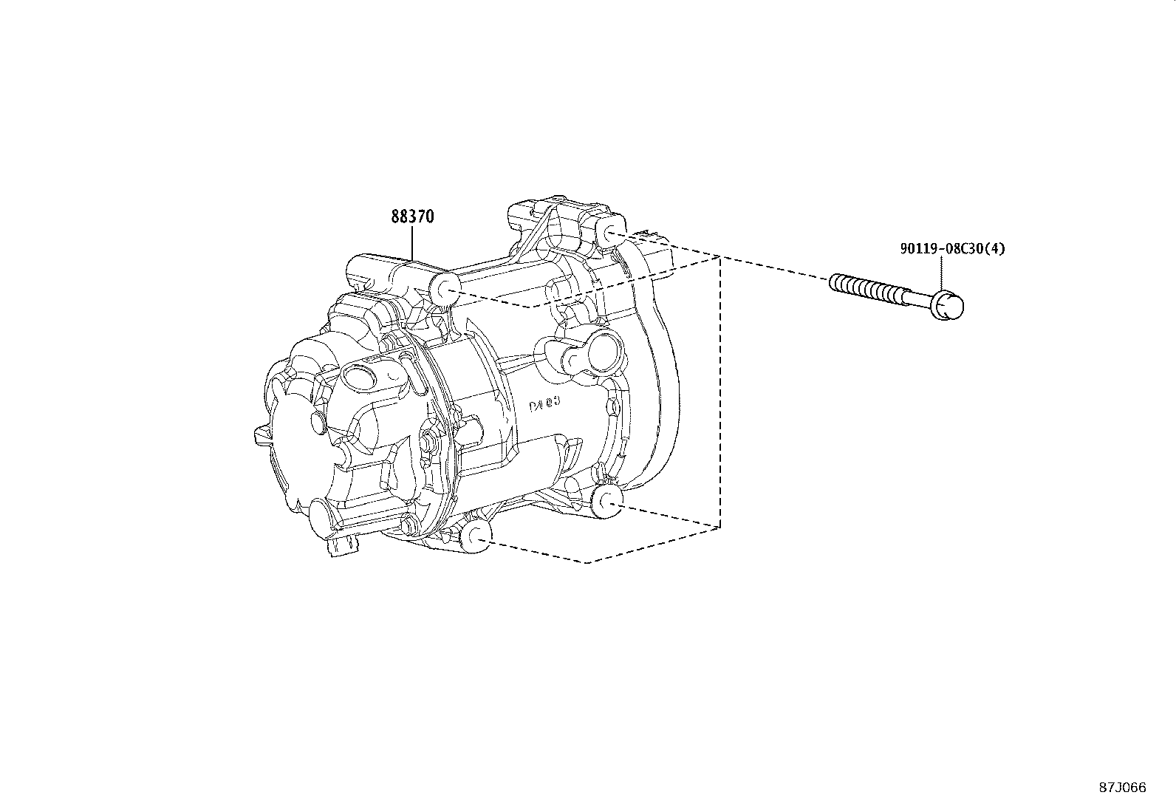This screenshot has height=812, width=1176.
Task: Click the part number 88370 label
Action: click(x=411, y=217)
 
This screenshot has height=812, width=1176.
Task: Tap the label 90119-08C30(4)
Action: click(x=952, y=249)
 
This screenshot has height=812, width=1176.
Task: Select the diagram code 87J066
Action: click(x=1122, y=788)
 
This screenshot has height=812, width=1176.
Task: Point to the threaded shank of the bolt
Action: click(x=872, y=290)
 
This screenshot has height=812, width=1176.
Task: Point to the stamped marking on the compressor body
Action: click(x=545, y=406)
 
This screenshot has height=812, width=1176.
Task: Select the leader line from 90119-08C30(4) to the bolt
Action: click(x=943, y=273)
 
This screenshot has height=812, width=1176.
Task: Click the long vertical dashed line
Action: click(x=719, y=392)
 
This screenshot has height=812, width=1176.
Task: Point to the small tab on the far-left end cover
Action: click(x=259, y=434)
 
